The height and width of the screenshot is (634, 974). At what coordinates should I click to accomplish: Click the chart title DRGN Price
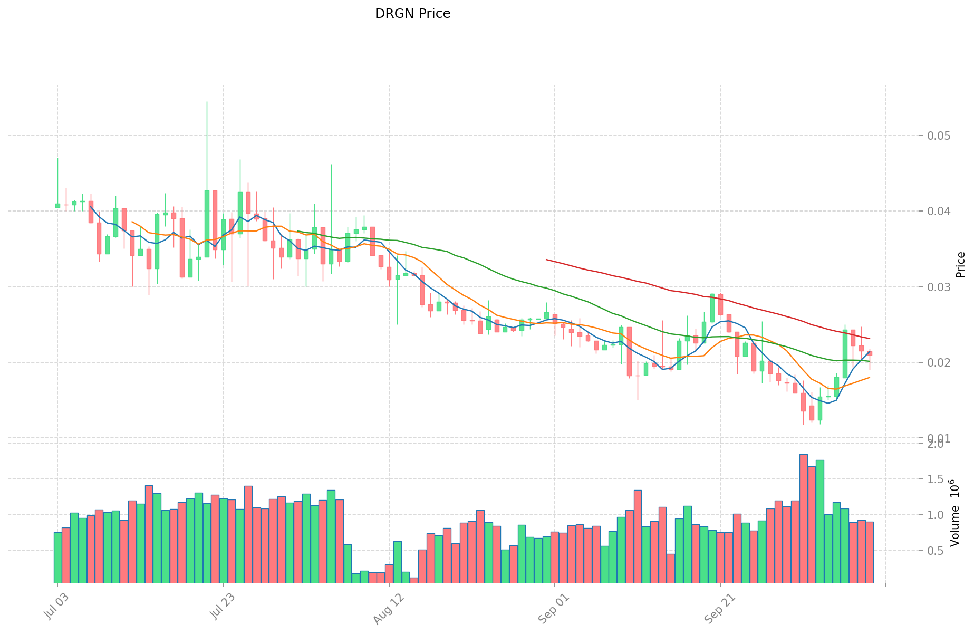pos(412,14)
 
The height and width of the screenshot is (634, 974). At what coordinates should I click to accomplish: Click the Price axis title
pos(960,265)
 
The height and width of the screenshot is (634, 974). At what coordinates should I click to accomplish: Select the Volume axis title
pos(955,513)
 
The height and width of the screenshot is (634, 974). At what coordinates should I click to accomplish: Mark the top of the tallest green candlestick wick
pos(207,102)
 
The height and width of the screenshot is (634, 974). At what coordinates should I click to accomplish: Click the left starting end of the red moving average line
pos(546,260)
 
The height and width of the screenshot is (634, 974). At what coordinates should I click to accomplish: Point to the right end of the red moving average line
pos(870,339)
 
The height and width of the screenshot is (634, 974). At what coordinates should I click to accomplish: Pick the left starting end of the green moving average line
pos(298,231)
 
